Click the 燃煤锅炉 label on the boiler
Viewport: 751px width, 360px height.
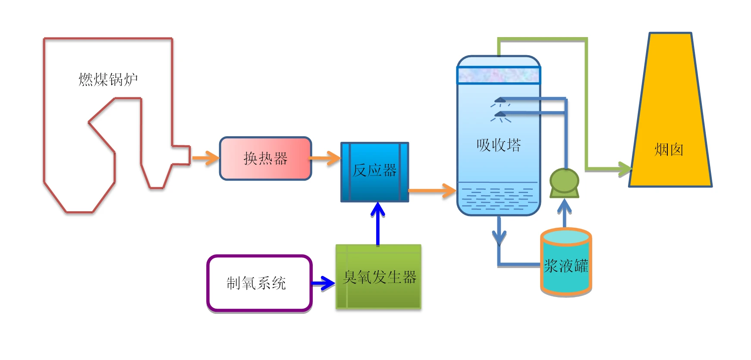click(x=108, y=79)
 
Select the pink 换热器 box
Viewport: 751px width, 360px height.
click(x=265, y=159)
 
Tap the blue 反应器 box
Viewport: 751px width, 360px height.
click(x=374, y=172)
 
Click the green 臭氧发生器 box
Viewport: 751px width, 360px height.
click(x=378, y=277)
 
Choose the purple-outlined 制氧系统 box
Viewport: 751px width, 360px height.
click(x=259, y=283)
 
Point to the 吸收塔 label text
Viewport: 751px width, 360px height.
click(x=498, y=145)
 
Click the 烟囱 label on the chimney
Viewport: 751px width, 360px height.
click(x=669, y=150)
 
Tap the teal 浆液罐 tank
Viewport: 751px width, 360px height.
click(x=566, y=265)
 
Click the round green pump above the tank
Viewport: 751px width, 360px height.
click(x=564, y=181)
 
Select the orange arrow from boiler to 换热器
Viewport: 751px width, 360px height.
click(x=206, y=158)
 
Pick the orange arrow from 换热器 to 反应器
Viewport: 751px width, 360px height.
click(x=325, y=158)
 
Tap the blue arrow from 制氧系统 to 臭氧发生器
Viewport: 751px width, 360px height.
click(x=324, y=283)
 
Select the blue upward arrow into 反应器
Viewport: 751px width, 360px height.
click(x=378, y=222)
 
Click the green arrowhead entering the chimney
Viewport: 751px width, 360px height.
click(x=624, y=169)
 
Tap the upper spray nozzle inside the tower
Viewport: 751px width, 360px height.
click(x=500, y=101)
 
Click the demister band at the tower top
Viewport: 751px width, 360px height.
click(x=498, y=75)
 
